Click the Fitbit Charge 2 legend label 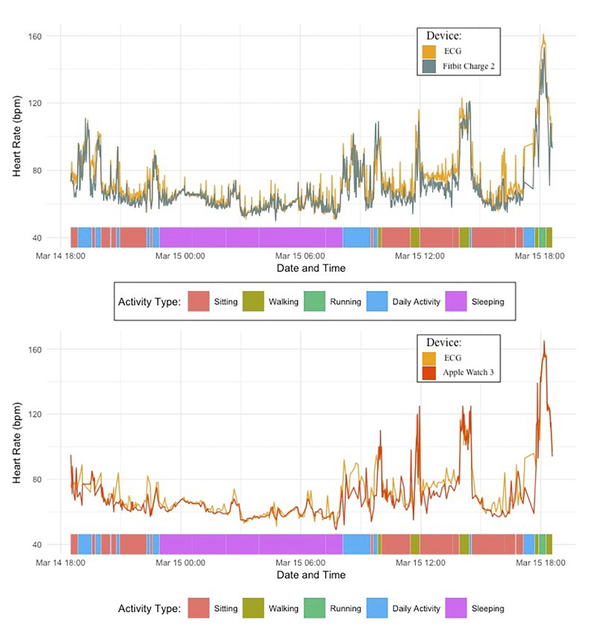click(468, 66)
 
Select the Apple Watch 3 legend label click(468, 372)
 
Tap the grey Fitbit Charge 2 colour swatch click(429, 66)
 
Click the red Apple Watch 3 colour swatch click(429, 373)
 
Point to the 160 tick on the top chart click(35, 37)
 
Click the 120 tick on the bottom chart click(35, 414)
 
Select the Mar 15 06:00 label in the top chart click(300, 256)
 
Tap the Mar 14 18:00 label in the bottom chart click(60, 563)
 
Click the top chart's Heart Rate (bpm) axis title click(17, 136)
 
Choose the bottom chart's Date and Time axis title click(311, 575)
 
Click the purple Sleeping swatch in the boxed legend click(456, 302)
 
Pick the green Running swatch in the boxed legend click(314, 302)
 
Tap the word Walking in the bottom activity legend click(283, 609)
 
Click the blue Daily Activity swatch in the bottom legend click(377, 608)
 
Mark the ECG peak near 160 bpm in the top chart click(543, 35)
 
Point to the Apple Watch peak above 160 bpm click(544, 341)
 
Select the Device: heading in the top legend click(444, 36)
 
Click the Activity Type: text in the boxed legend click(149, 302)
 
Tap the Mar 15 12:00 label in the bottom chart click(420, 563)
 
